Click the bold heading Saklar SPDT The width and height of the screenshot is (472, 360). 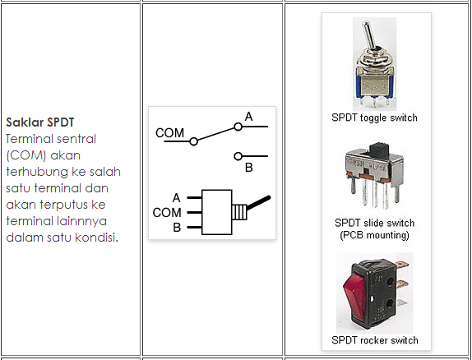point(40,122)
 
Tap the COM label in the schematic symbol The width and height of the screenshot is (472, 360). point(169,133)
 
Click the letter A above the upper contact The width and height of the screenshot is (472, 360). point(248,117)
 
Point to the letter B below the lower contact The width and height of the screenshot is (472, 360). point(249,168)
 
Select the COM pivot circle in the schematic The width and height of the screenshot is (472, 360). point(194,141)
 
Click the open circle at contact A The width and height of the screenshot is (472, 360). point(238,127)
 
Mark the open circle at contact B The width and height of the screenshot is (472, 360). point(238,156)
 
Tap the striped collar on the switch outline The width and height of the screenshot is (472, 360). point(239,212)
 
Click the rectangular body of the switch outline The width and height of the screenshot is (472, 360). point(217,212)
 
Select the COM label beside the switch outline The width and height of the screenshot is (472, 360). point(167,213)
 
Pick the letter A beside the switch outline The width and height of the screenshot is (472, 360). point(177,198)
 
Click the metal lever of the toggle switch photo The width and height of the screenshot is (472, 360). point(368,35)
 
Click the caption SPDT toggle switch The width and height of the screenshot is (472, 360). point(374,118)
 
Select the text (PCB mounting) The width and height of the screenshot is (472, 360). point(374,235)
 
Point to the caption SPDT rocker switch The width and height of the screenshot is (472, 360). point(375,340)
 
